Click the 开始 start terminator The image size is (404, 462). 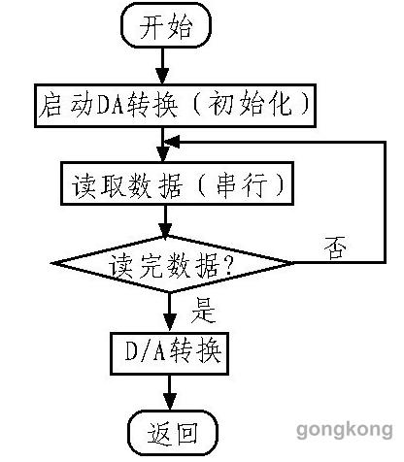click(x=166, y=25)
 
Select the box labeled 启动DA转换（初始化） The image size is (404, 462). click(x=175, y=106)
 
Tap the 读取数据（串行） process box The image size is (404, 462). click(x=177, y=183)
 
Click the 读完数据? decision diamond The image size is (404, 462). click(x=172, y=264)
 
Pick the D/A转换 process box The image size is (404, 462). click(x=170, y=353)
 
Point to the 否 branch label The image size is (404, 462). click(x=335, y=247)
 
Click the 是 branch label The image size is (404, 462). click(x=203, y=311)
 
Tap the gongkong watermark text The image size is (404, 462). click(x=345, y=431)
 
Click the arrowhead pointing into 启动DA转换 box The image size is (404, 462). click(x=162, y=77)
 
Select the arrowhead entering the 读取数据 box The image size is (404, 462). click(x=162, y=154)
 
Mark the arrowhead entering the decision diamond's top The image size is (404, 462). click(x=165, y=231)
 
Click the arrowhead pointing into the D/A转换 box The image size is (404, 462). click(x=170, y=323)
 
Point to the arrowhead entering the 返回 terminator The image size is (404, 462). click(x=170, y=402)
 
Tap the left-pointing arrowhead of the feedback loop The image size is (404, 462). click(x=172, y=142)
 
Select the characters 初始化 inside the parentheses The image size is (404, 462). click(x=251, y=105)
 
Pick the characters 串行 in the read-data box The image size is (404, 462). click(x=242, y=184)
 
